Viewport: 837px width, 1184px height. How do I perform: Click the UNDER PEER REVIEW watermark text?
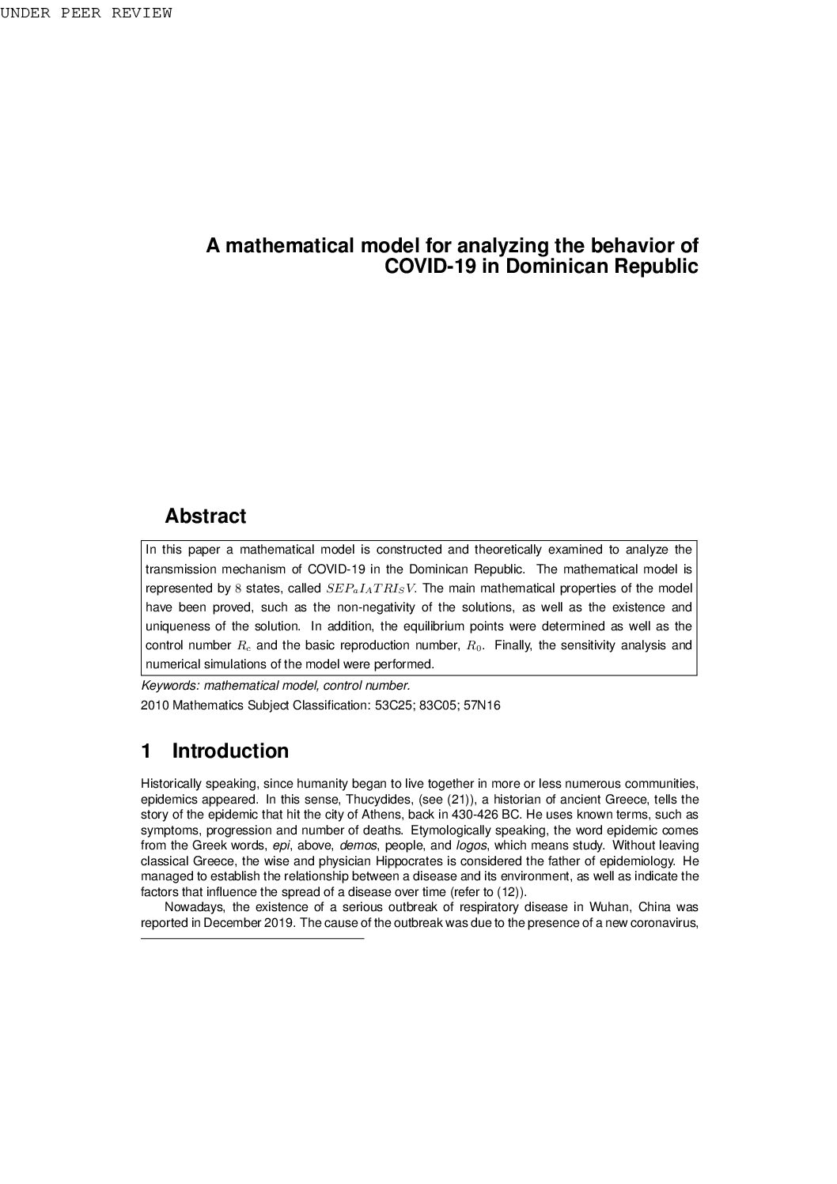coord(85,13)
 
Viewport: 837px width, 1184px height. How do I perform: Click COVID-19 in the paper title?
coord(430,267)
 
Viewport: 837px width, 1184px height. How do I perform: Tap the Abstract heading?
coord(205,516)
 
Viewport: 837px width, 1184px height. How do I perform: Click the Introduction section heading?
coord(230,751)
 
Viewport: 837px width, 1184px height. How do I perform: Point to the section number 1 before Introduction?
coord(146,751)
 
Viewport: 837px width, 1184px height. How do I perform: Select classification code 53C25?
coord(391,705)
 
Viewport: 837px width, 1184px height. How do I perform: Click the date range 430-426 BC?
coord(486,815)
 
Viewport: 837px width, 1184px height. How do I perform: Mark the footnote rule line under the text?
coord(252,939)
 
